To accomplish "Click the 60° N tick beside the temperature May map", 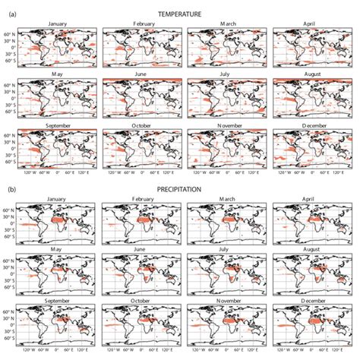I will [11, 84].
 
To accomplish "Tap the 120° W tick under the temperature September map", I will [31, 174].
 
